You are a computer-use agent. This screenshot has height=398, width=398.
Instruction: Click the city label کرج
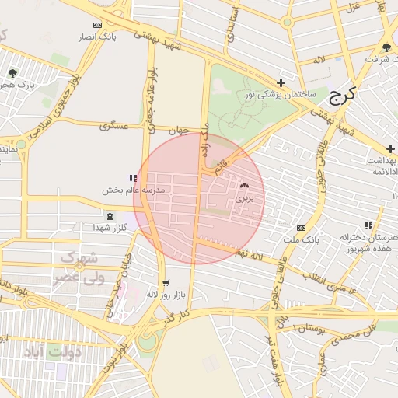point(342,96)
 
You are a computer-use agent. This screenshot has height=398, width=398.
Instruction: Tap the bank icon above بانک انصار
point(97,25)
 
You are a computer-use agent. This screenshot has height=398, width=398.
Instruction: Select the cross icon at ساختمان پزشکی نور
point(281,82)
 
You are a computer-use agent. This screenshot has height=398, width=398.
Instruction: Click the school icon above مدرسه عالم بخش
point(133,178)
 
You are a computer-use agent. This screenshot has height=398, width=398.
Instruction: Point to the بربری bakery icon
point(245,186)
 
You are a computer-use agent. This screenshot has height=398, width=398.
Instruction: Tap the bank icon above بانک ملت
point(301,228)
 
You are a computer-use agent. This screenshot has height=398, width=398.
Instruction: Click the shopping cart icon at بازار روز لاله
point(165,283)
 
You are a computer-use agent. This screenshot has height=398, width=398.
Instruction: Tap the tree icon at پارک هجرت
point(12,72)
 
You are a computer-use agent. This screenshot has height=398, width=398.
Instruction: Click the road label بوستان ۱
point(302,328)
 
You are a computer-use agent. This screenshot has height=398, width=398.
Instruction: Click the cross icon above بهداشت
point(390,148)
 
